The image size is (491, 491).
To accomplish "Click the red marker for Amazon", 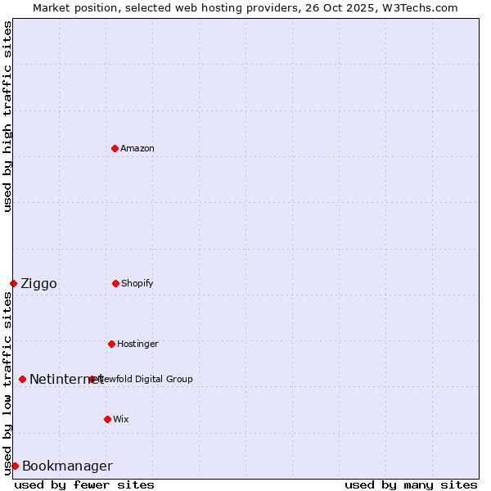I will [x=115, y=148].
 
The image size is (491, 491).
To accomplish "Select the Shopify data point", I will [x=115, y=283].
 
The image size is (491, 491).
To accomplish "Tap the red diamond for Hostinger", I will [x=111, y=344].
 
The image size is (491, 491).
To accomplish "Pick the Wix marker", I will [x=107, y=419].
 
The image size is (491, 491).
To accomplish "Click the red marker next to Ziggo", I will [x=13, y=283].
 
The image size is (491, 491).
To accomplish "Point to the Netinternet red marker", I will [x=22, y=379].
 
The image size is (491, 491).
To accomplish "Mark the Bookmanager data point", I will [x=15, y=466].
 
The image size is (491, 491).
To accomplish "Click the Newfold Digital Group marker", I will [x=92, y=379].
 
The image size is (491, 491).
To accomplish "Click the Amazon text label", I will [x=137, y=148].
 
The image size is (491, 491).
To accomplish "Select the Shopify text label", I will [x=137, y=283].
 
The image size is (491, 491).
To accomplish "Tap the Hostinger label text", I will [x=137, y=344].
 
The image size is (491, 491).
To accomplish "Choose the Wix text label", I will [x=121, y=419].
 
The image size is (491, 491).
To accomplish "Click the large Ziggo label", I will [x=38, y=284].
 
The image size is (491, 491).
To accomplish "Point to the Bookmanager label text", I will [x=67, y=466].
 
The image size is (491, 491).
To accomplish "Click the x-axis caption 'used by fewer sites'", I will [x=84, y=484].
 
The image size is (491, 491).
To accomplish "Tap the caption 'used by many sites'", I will [x=411, y=484].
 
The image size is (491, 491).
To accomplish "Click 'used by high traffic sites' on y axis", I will [x=8, y=116].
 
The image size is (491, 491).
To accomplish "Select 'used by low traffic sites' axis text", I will [x=8, y=383].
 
